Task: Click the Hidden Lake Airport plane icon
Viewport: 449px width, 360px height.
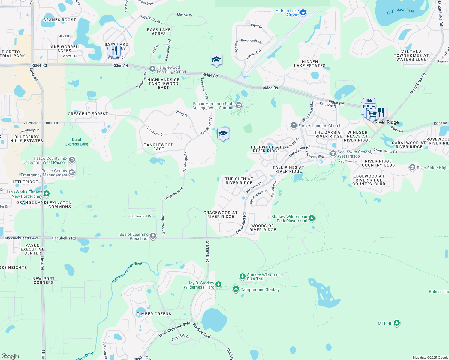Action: click(303, 12)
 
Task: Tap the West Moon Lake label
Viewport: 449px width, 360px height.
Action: click(400, 11)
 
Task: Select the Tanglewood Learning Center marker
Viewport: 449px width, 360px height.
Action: click(152, 69)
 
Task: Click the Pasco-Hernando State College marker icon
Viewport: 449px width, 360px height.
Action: click(239, 105)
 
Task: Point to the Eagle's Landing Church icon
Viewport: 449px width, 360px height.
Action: click(294, 125)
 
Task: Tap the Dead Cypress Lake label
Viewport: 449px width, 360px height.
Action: click(77, 142)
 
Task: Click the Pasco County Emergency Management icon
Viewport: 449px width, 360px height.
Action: click(72, 172)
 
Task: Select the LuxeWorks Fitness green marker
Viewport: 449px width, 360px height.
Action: click(47, 194)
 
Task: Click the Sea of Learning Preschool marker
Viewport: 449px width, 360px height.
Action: click(153, 236)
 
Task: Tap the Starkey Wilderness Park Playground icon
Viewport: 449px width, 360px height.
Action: click(312, 218)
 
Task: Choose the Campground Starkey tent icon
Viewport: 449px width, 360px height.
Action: click(236, 289)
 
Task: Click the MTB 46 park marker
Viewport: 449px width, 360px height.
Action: click(397, 323)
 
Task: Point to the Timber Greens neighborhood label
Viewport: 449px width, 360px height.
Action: click(154, 314)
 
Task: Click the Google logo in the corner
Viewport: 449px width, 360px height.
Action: click(10, 356)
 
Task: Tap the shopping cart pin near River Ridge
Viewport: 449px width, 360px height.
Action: click(372, 114)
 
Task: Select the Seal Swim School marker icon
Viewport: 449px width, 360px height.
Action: click(333, 154)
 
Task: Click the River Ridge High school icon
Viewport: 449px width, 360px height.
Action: click(412, 167)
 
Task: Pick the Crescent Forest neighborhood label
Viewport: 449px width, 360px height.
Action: click(88, 114)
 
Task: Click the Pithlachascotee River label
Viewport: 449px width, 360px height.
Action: click(127, 272)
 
